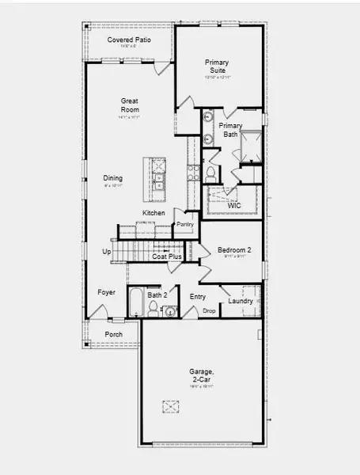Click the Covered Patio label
click(x=129, y=40)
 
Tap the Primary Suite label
click(x=216, y=66)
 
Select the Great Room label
click(x=130, y=104)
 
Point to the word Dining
click(x=113, y=178)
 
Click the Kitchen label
click(x=153, y=214)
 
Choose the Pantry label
click(x=185, y=225)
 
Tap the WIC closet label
click(x=234, y=207)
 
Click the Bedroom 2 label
click(x=234, y=250)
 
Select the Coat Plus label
click(x=168, y=256)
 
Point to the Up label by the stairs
click(x=107, y=253)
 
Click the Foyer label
click(x=106, y=293)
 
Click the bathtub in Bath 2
click(x=136, y=303)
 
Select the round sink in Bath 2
click(x=170, y=311)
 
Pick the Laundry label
click(x=240, y=301)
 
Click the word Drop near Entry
click(x=209, y=311)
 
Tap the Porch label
click(x=114, y=334)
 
